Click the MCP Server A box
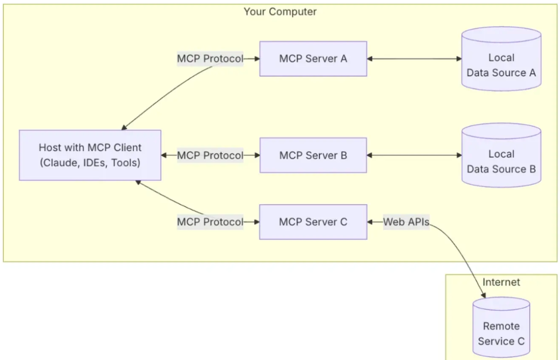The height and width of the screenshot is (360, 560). [313, 59]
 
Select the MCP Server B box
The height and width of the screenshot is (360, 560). [313, 155]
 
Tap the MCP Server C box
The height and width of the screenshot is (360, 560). [313, 222]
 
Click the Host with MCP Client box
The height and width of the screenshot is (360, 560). [90, 155]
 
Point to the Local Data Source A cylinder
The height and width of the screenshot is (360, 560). [501, 59]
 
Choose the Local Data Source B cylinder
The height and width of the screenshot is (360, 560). [501, 155]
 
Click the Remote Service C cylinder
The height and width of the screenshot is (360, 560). [501, 327]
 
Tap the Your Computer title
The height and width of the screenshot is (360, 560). [281, 12]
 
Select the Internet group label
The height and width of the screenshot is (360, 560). [501, 282]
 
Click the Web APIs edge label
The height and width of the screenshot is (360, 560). [407, 222]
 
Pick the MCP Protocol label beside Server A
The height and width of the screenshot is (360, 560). [210, 59]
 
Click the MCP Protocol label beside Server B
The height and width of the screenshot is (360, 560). [210, 155]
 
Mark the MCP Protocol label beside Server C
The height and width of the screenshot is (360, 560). [210, 222]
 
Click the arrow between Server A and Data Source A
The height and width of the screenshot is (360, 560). [414, 59]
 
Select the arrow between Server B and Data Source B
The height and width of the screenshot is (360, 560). [414, 155]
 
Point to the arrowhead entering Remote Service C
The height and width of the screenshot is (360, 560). [483, 295]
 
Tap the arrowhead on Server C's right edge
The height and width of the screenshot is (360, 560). [370, 222]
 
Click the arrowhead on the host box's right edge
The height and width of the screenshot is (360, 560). [164, 155]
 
